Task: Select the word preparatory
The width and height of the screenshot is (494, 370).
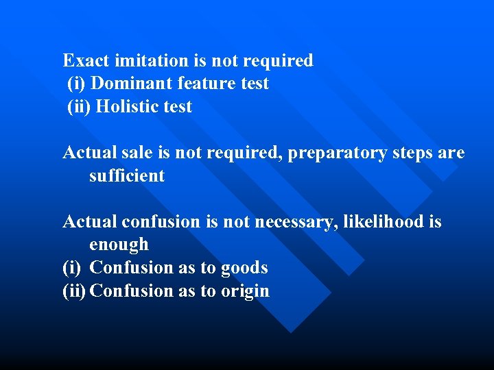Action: click(x=333, y=153)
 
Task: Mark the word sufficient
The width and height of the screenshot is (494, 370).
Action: click(x=127, y=176)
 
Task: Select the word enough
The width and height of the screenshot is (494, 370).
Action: click(x=119, y=245)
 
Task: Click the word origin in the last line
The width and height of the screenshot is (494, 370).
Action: click(x=245, y=291)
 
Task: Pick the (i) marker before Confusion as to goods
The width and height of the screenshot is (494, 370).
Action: click(x=71, y=268)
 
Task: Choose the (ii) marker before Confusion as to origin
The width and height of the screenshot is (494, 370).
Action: click(x=74, y=291)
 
